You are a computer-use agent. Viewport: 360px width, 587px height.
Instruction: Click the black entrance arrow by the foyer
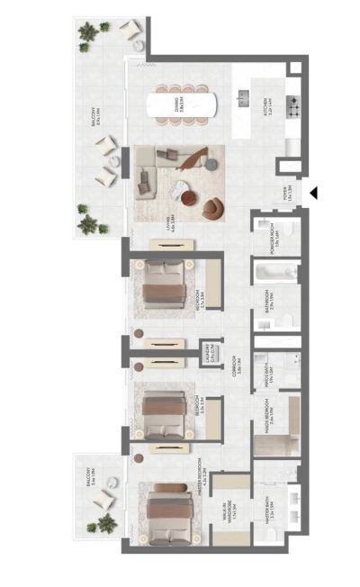click(314, 193)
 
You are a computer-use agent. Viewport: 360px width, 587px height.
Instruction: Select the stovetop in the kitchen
click(292, 105)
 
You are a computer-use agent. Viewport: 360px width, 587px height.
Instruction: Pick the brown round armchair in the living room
click(210, 208)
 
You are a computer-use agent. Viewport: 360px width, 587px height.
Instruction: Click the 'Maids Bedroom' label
click(270, 415)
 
